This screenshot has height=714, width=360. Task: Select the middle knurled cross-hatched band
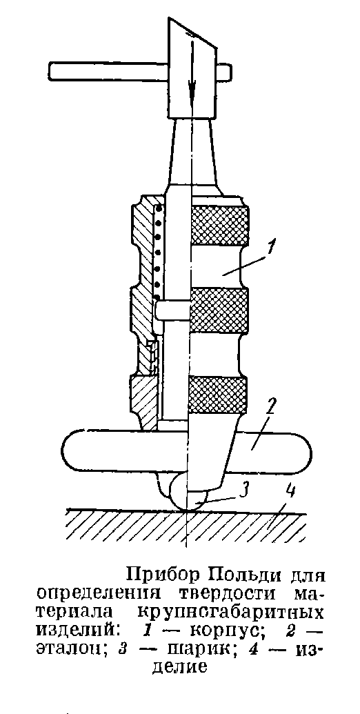click(x=219, y=312)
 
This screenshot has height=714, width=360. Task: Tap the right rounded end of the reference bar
click(x=301, y=451)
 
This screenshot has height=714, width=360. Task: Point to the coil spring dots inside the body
click(x=158, y=248)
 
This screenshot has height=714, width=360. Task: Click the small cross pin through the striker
click(x=172, y=313)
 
